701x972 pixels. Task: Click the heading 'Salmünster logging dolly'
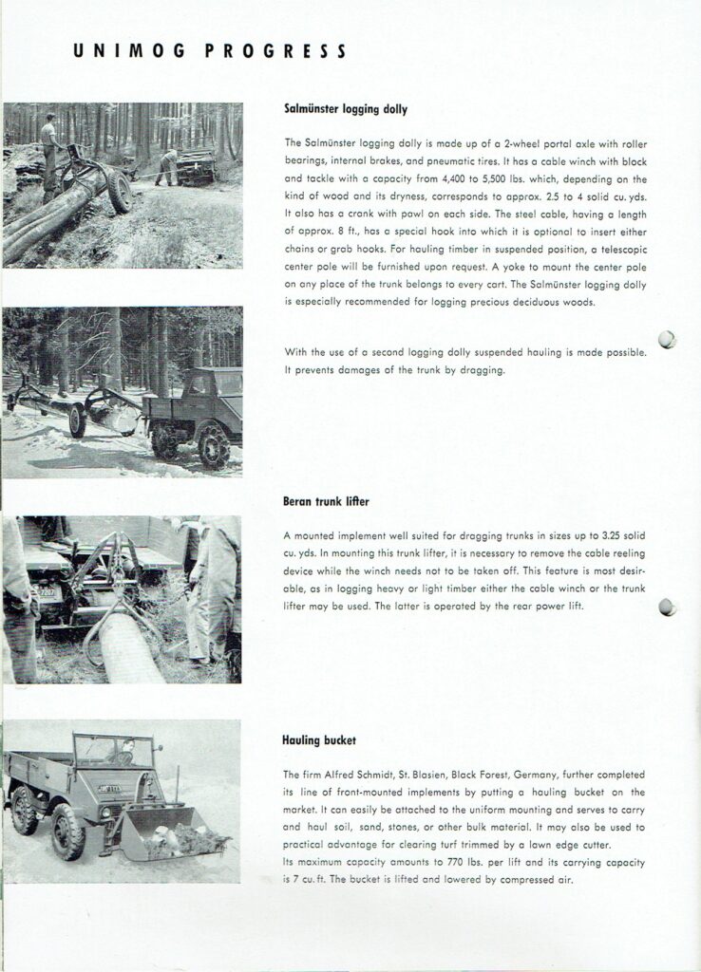[x=346, y=109]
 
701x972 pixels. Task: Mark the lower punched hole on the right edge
[x=667, y=607]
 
